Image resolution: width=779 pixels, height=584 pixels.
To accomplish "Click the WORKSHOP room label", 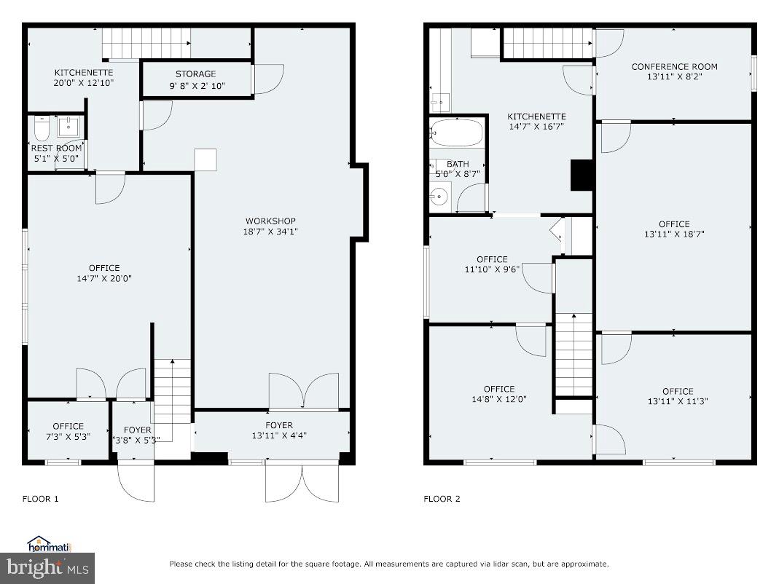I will pos(271,221).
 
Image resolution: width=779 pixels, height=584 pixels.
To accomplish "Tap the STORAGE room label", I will pos(195,74).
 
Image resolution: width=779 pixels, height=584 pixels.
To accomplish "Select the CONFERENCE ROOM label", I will pos(674,66).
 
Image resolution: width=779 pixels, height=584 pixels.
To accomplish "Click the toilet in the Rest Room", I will pos(41,128).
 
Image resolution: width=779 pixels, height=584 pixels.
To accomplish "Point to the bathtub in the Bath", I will pos(456,133).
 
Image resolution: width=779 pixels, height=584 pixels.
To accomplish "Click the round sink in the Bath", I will pos(438,197).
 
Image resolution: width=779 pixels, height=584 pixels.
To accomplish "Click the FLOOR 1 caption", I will pos(40,499).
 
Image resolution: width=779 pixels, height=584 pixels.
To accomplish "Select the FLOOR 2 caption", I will pos(442,499).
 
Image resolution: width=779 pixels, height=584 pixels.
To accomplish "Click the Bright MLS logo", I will pos(47,565).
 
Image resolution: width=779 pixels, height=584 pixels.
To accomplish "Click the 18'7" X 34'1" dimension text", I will pos(271,232).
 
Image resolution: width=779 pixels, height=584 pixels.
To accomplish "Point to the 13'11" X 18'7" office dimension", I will pos(674,234).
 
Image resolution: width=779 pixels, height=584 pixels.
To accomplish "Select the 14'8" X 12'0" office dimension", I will pos(498,399).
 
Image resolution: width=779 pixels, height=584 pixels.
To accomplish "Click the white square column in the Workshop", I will pos(205,160).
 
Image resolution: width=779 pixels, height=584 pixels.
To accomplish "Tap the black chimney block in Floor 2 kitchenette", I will pos(582,175).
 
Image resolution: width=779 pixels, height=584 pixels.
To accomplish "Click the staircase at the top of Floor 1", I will pos(146,43).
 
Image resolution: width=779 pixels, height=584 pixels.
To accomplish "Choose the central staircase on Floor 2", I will pos(574,354).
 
